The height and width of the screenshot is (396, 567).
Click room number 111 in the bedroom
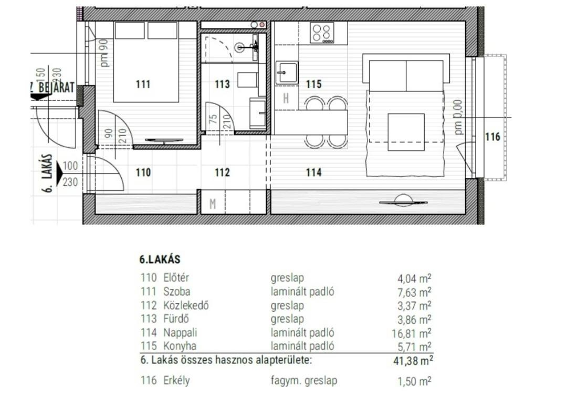(x=143, y=84)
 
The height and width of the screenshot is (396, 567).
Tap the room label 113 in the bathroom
(x=222, y=84)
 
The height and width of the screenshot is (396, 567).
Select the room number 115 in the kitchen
(x=313, y=84)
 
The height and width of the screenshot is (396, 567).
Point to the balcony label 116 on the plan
(x=492, y=137)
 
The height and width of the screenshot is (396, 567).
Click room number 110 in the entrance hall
(x=143, y=172)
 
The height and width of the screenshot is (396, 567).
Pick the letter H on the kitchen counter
(x=286, y=98)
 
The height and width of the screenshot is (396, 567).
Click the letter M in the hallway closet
(x=213, y=205)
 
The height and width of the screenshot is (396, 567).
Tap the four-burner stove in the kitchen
(x=322, y=33)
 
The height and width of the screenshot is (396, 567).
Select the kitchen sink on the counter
(x=287, y=73)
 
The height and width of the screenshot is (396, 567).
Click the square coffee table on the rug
(x=406, y=132)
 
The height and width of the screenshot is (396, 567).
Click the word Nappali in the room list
(x=180, y=332)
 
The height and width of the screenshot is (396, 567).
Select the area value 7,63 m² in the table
(x=414, y=292)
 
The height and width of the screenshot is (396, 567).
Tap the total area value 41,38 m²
(x=413, y=361)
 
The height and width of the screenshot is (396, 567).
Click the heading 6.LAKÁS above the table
(x=160, y=259)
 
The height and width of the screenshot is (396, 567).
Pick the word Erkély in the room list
(x=176, y=381)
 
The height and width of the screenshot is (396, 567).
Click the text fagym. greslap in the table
(x=304, y=381)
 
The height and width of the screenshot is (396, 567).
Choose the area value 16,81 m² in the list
(x=412, y=333)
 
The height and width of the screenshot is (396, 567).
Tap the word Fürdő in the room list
(x=176, y=319)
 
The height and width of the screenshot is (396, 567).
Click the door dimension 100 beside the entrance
(x=70, y=166)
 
